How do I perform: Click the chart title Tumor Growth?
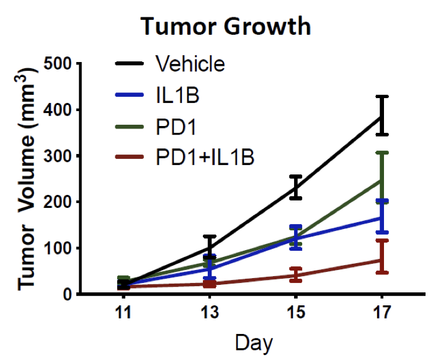click(225, 27)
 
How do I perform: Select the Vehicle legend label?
click(190, 63)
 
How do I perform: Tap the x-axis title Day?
click(253, 342)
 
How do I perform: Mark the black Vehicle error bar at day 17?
click(382, 115)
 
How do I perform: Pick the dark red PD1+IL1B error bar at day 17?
click(382, 256)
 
